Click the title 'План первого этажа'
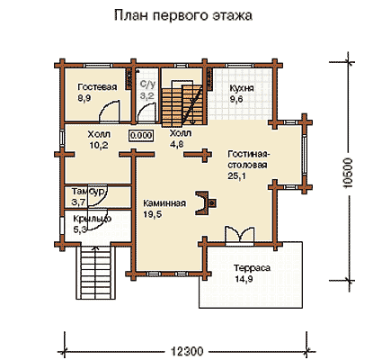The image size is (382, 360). pyautogui.click(x=183, y=15)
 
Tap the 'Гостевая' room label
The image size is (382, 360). pyautogui.click(x=97, y=87)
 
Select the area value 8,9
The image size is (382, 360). pyautogui.click(x=84, y=98)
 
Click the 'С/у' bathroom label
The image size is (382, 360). pyautogui.click(x=148, y=85)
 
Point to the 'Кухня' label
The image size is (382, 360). pyautogui.click(x=242, y=88)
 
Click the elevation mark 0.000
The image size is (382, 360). pyautogui.click(x=141, y=136)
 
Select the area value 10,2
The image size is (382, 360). pyautogui.click(x=99, y=145)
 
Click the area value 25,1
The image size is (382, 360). pyautogui.click(x=236, y=176)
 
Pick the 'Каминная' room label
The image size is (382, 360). pyautogui.click(x=164, y=203)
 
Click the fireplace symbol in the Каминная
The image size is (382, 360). pyautogui.click(x=206, y=203)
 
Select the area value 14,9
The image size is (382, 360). pyautogui.click(x=244, y=279)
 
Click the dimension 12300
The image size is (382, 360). pyautogui.click(x=187, y=351)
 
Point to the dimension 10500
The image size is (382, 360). pyautogui.click(x=348, y=173)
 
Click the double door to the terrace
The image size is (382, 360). pyautogui.click(x=240, y=234)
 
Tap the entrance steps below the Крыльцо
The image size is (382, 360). pyautogui.click(x=95, y=272)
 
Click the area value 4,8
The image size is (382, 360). pyautogui.click(x=177, y=144)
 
